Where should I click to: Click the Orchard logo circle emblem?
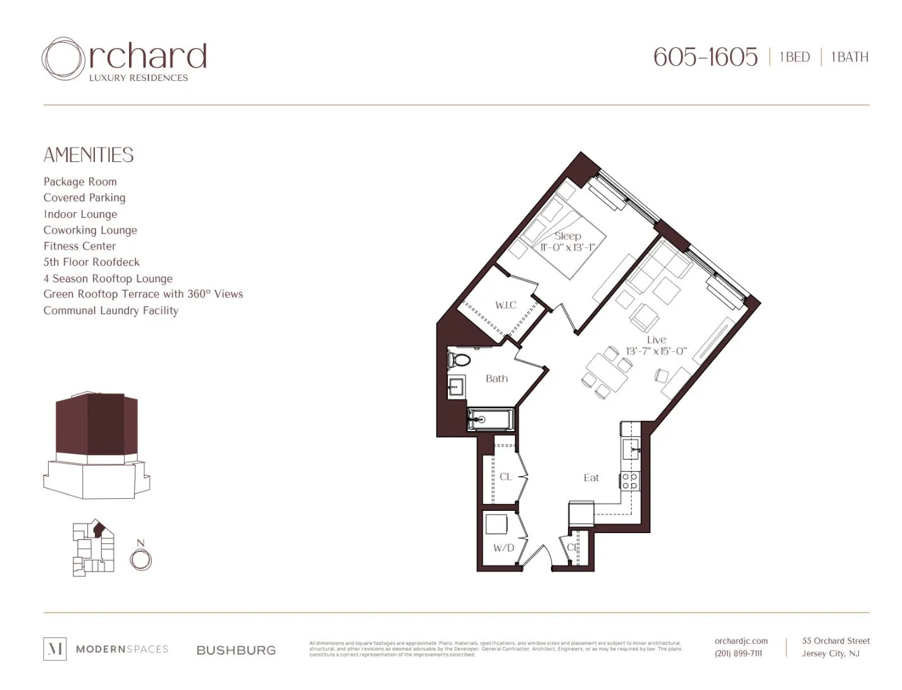click(x=63, y=58)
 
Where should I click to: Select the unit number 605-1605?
click(x=705, y=57)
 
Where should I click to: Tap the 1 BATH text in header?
click(x=849, y=57)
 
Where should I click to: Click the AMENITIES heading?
click(x=89, y=155)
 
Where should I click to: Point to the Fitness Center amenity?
click(x=80, y=246)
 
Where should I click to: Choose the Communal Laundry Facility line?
click(x=111, y=311)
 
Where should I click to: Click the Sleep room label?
click(x=567, y=235)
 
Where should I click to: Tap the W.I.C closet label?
click(x=505, y=305)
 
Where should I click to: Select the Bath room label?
click(x=497, y=379)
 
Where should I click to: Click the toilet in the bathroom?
click(x=459, y=360)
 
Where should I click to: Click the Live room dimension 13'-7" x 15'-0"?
click(x=656, y=351)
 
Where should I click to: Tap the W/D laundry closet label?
click(x=504, y=548)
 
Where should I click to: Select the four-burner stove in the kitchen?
click(x=629, y=481)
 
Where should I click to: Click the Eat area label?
click(x=591, y=478)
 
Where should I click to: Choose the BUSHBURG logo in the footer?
click(x=236, y=650)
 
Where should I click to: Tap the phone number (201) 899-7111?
click(x=738, y=653)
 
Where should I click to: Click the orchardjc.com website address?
click(x=741, y=641)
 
